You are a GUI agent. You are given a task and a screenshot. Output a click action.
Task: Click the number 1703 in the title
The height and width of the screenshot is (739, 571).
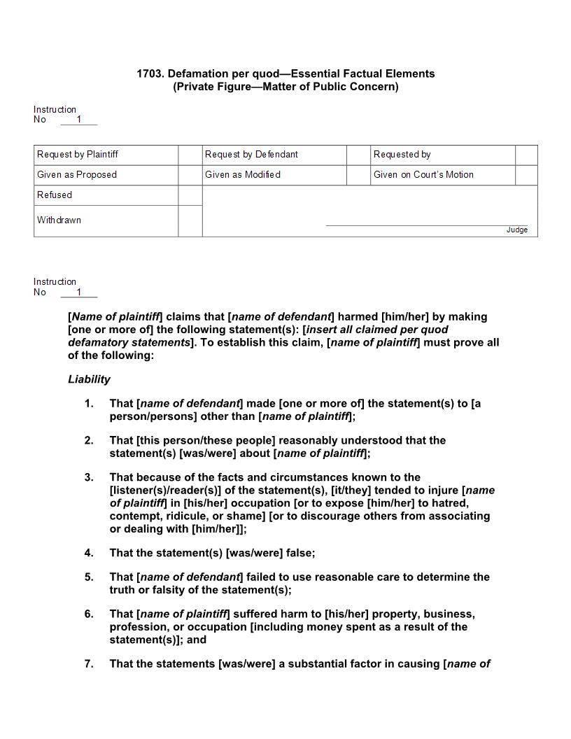(150, 73)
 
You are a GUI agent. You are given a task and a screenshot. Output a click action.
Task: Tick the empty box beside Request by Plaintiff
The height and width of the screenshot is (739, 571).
(190, 155)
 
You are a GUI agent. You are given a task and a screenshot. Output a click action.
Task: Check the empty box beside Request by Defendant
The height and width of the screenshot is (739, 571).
(358, 155)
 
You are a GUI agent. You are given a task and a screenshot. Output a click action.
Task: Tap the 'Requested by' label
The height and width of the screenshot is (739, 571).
(402, 154)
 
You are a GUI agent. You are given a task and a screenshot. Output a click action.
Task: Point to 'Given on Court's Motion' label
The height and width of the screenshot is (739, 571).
(423, 174)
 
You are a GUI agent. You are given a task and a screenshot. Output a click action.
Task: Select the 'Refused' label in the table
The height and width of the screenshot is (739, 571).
(55, 195)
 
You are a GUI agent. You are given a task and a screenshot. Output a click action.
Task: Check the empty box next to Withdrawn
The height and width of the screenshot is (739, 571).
(190, 220)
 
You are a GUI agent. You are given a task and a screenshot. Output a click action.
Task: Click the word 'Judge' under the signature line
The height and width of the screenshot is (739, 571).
(517, 230)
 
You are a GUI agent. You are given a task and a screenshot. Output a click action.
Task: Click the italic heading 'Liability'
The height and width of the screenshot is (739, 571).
(89, 379)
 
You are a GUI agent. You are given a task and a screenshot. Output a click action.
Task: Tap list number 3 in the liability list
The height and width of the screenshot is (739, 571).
(89, 477)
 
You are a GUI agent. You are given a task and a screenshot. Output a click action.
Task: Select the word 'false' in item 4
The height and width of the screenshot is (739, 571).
(299, 553)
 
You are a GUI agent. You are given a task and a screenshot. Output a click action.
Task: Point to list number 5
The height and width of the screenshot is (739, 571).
(89, 577)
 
